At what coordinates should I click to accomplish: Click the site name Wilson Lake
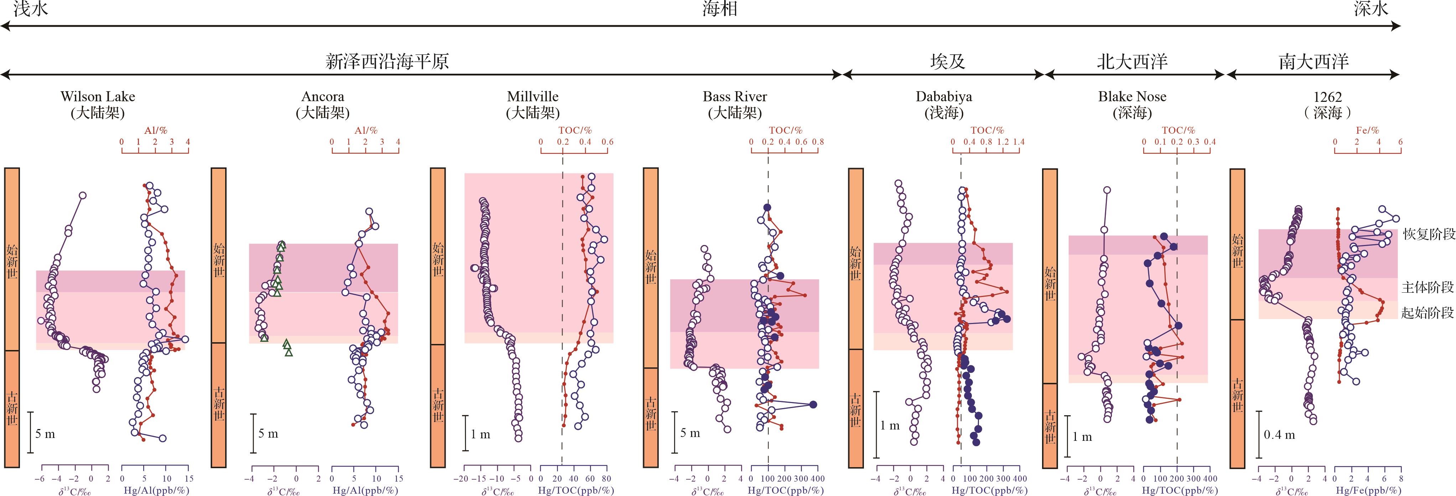[98, 96]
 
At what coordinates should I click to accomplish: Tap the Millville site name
[533, 96]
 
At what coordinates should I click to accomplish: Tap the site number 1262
[1327, 96]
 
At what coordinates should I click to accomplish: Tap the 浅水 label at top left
[31, 9]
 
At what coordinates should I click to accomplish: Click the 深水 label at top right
[1370, 9]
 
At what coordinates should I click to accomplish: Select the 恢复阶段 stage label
[1428, 234]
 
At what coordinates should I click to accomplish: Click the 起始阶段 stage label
[1427, 312]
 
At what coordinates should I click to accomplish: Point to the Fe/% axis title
[1367, 130]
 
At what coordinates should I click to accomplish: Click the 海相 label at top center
[720, 9]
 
